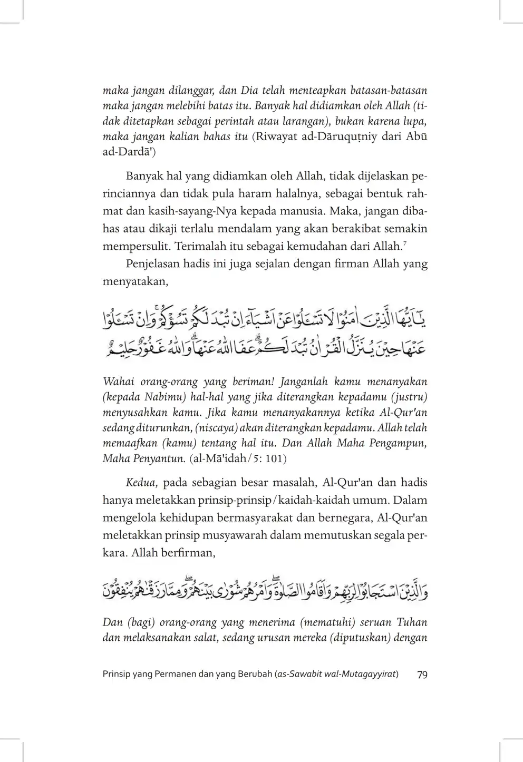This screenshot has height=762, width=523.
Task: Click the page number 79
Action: tap(422, 675)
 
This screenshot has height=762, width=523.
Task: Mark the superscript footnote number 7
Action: tap(404, 243)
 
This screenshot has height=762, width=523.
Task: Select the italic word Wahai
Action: tap(119, 381)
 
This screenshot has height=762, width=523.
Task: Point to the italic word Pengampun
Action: tap(401, 443)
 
